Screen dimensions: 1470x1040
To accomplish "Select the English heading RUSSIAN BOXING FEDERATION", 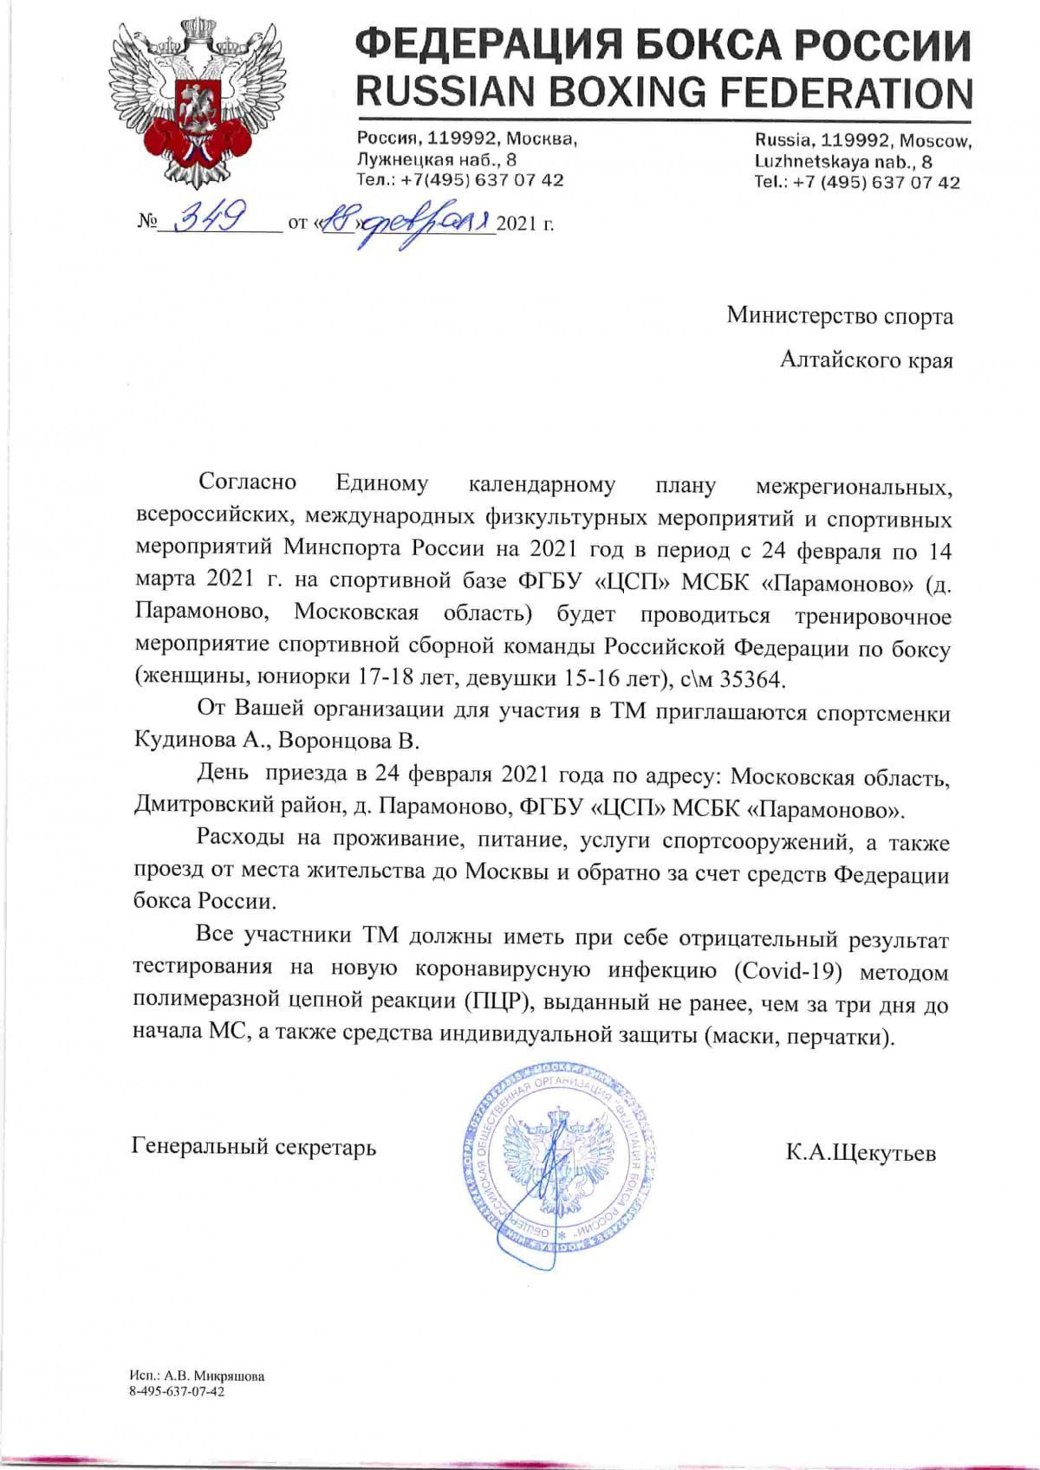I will (x=664, y=92).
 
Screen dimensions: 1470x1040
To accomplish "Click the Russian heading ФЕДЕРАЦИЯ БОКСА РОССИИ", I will (x=664, y=43).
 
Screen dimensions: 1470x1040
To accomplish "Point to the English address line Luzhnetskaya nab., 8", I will (x=843, y=161).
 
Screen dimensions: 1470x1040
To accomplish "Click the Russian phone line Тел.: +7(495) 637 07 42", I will (x=459, y=180).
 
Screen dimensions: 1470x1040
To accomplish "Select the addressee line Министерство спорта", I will (x=839, y=316).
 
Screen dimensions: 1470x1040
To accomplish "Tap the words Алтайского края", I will (x=866, y=359).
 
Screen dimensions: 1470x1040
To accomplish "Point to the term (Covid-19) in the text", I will (x=788, y=970).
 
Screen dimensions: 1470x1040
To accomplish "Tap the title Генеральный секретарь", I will (x=254, y=1147).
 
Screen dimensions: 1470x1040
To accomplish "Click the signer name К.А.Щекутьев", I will (x=861, y=1153).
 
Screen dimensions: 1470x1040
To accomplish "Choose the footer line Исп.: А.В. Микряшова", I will (x=196, y=1376).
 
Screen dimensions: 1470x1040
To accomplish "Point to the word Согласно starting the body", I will (x=247, y=482).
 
